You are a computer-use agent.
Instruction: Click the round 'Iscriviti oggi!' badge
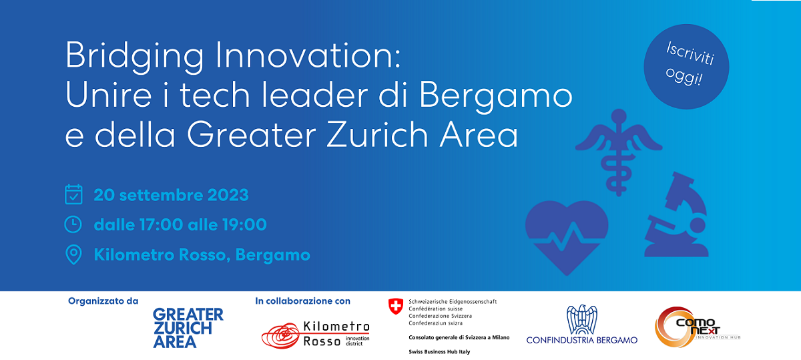click(x=686, y=67)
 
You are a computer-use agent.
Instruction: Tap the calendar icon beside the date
click(x=73, y=194)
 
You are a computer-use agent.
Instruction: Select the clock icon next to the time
click(x=73, y=224)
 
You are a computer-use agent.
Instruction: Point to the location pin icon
click(x=73, y=254)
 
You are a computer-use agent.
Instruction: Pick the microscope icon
click(x=676, y=214)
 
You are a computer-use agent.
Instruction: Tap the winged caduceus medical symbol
click(x=619, y=152)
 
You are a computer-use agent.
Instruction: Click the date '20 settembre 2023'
click(x=171, y=196)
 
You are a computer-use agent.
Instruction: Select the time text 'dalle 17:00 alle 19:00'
click(x=180, y=225)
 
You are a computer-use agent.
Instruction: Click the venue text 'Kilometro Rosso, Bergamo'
click(x=202, y=255)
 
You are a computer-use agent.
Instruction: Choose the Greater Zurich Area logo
click(x=188, y=328)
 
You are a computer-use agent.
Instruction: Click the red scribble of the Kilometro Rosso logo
click(x=281, y=336)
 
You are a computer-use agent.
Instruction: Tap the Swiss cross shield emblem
click(x=395, y=307)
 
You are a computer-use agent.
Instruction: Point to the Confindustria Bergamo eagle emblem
click(x=582, y=319)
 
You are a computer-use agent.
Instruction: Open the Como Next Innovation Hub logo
click(x=698, y=327)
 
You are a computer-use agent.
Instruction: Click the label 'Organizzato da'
click(x=103, y=301)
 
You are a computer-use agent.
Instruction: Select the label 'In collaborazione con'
click(x=302, y=301)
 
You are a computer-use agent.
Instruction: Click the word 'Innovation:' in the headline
click(x=308, y=55)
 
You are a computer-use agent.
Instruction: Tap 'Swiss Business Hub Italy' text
click(x=439, y=352)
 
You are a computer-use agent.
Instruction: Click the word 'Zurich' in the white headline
click(x=377, y=134)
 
